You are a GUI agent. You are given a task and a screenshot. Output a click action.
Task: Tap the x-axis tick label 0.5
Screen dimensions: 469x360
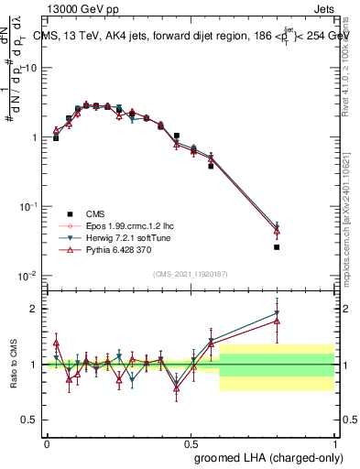point(191,442)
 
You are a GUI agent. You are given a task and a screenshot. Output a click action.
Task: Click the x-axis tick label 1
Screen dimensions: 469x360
point(333,442)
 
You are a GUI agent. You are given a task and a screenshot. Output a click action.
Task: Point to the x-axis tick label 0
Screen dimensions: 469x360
point(47,442)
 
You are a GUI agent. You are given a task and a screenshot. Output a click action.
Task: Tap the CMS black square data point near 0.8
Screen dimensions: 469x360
point(277,247)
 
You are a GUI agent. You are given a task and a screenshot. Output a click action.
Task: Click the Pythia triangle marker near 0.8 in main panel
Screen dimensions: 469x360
point(277,230)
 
